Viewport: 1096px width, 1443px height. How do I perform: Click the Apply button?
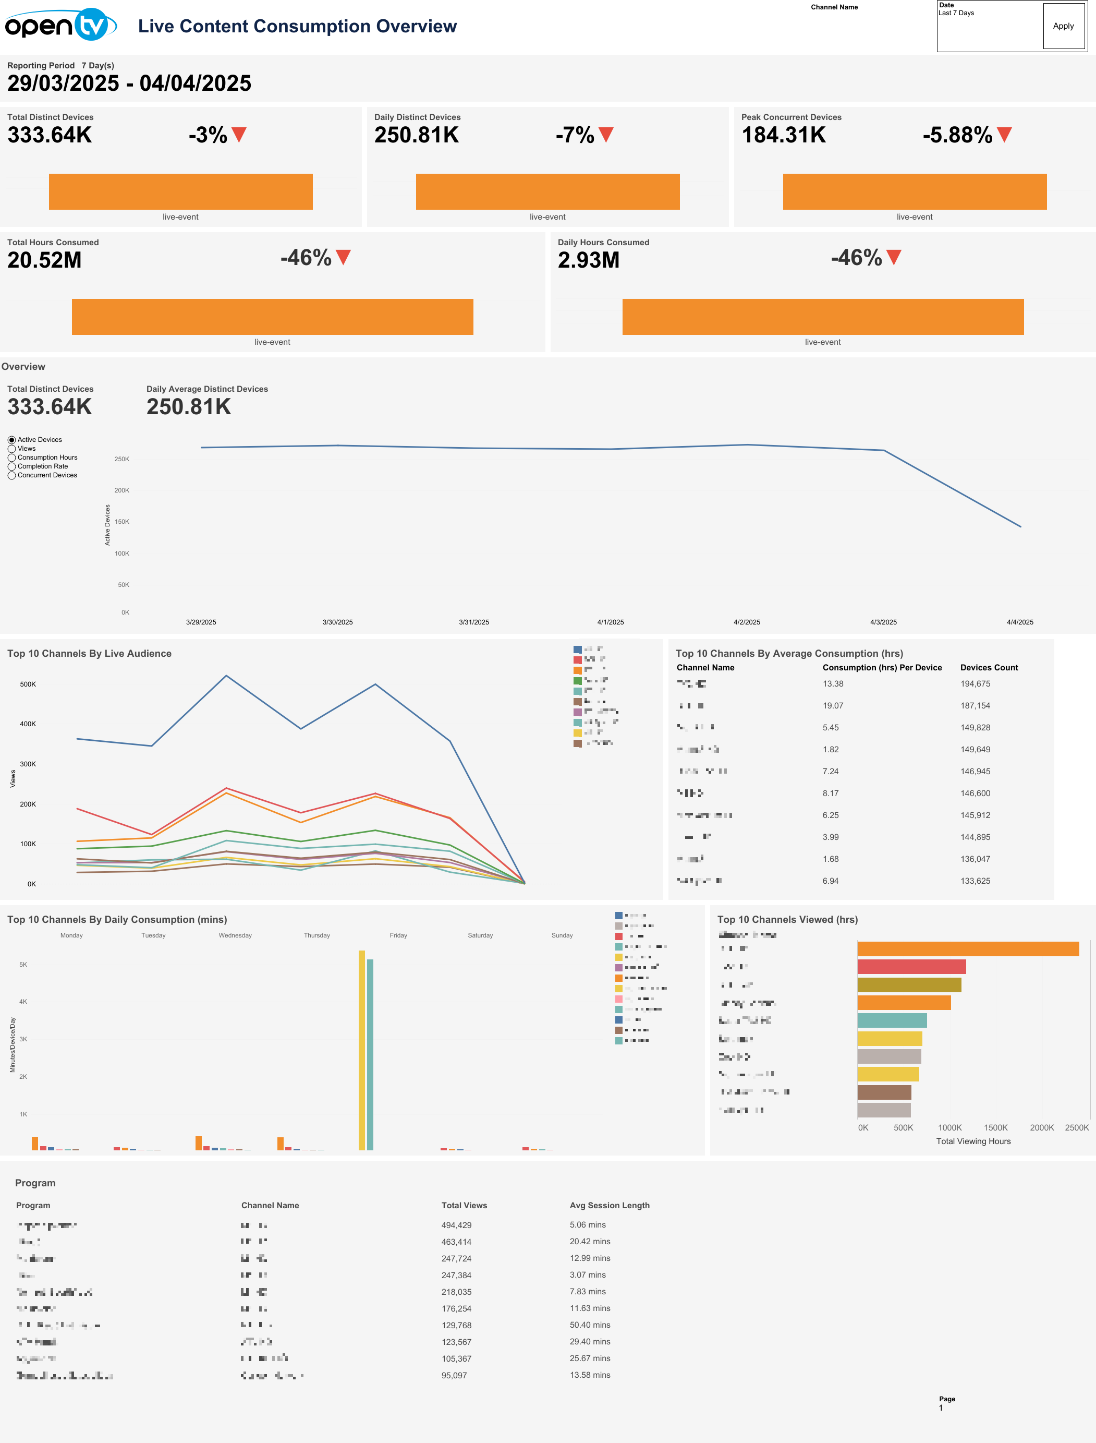[1063, 26]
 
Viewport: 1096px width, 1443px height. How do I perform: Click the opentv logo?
[60, 25]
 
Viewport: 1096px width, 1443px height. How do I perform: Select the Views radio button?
[12, 449]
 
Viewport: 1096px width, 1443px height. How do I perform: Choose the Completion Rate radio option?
[12, 466]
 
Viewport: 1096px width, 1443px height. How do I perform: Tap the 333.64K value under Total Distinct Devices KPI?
[50, 135]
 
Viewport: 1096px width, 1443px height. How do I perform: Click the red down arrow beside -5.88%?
[1004, 135]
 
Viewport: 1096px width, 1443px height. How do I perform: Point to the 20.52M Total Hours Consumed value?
[44, 260]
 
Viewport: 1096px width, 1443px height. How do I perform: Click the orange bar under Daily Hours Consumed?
[823, 317]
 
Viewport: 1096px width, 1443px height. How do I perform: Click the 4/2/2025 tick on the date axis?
[746, 622]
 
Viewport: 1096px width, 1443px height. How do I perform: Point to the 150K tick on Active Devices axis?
[122, 522]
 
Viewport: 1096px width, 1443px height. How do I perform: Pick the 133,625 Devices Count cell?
[975, 881]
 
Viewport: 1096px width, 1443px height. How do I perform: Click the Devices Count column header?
[989, 668]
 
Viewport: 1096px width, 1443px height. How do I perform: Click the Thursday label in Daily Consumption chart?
[316, 935]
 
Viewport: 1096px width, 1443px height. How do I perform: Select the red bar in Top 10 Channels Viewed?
[911, 967]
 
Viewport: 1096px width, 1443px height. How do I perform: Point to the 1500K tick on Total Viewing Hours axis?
[995, 1128]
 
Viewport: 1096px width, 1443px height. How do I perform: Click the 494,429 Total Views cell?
[456, 1225]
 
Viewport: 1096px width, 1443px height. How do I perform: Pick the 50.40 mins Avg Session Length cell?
[590, 1325]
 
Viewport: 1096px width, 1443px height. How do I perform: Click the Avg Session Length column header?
[610, 1206]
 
